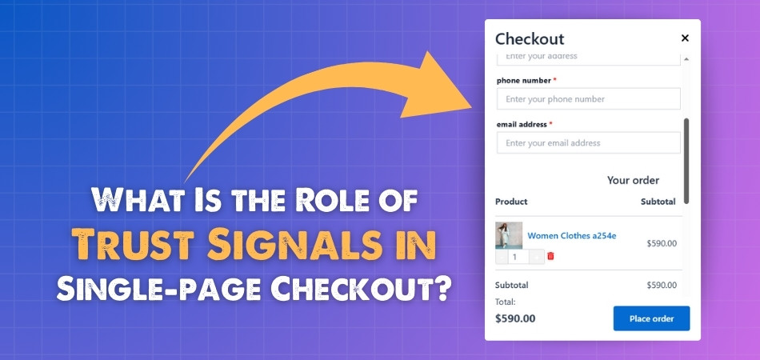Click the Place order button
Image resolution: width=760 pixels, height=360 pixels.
651,318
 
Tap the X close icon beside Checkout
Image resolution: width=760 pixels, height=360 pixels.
685,38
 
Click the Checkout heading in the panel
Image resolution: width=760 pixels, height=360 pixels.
530,38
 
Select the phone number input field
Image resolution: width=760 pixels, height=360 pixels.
589,99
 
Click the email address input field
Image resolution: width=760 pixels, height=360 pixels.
589,143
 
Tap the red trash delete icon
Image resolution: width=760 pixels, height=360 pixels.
550,256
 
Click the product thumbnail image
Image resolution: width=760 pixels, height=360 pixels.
509,235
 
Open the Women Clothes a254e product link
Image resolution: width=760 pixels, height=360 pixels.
571,236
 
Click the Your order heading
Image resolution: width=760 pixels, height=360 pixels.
633,180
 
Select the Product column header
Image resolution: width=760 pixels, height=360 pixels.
511,202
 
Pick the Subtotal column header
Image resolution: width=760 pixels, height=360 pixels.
658,202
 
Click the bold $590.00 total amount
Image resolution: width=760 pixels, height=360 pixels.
515,318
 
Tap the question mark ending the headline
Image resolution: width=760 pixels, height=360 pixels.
438,290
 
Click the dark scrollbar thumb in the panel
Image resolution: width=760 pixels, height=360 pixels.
686,161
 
